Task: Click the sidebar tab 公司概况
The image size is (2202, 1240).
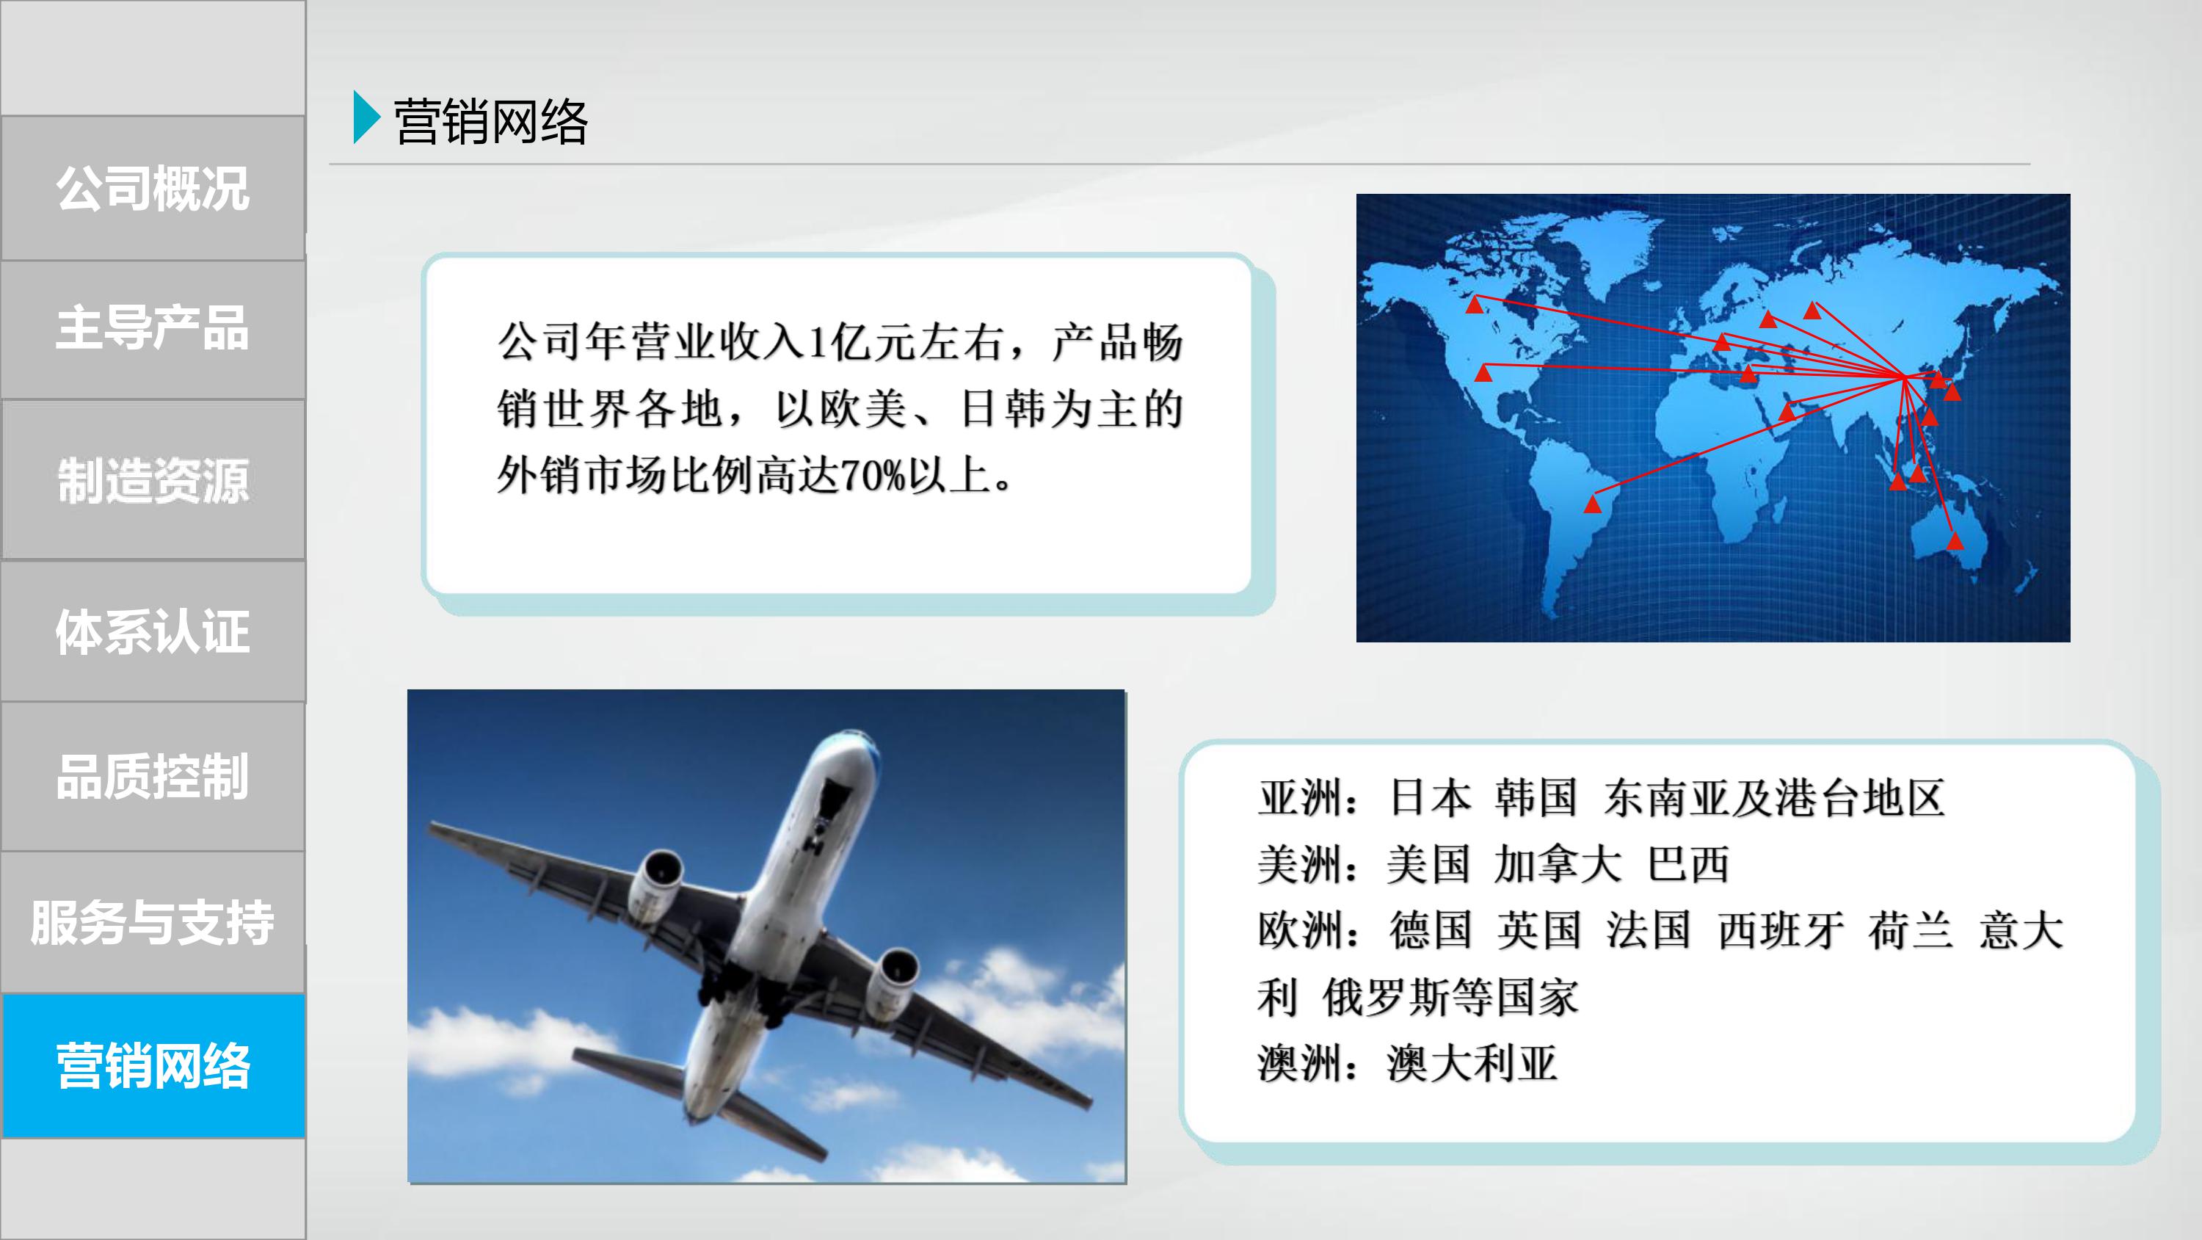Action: coord(153,188)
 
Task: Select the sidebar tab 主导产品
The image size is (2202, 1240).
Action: coord(153,329)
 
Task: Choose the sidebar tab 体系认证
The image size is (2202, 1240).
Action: coord(153,631)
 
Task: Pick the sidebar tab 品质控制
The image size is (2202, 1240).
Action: coord(153,777)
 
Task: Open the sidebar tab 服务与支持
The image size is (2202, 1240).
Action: coord(153,922)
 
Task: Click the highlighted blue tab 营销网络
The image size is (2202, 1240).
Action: coord(153,1065)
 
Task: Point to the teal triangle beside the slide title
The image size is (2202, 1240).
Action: coord(365,117)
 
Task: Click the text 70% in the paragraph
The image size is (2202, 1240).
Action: coord(872,476)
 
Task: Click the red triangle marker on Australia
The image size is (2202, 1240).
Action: coord(1955,540)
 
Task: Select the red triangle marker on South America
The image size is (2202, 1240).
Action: coord(1591,504)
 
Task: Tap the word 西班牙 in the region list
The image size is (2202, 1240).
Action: coord(1781,930)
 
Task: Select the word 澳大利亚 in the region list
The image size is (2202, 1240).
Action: coord(1471,1064)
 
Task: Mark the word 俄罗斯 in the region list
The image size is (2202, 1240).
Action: coord(1386,997)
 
